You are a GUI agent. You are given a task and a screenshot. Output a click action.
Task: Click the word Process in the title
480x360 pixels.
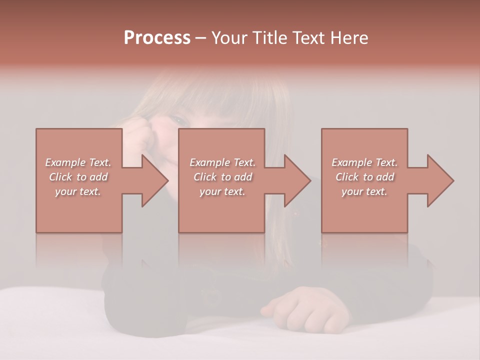coord(157,38)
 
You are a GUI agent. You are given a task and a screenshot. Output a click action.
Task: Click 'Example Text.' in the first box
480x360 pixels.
coord(78,162)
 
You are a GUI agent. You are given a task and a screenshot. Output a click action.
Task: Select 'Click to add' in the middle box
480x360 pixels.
coord(222,177)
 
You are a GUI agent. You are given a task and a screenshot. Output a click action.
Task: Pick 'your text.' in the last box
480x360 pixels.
coord(364,191)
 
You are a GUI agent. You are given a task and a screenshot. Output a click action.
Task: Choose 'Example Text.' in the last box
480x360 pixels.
coord(364,162)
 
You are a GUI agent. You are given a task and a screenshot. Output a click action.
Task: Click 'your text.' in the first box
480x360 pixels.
coord(78,191)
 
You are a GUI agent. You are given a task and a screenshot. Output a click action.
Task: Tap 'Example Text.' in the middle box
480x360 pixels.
coord(222,162)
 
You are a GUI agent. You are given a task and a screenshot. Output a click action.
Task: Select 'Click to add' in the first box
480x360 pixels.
coord(78,177)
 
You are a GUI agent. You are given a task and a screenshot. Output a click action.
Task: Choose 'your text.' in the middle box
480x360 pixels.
coord(222,191)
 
